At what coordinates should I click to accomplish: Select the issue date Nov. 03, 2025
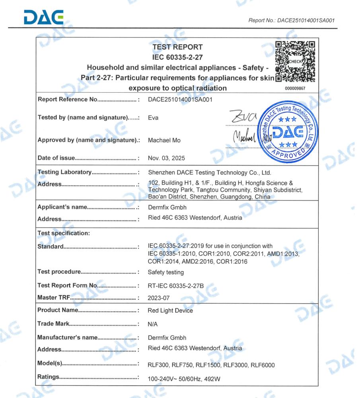pyautogui.click(x=166, y=158)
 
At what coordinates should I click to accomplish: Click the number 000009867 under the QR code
pyautogui.click(x=295, y=88)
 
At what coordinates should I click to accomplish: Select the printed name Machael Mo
pyautogui.click(x=165, y=140)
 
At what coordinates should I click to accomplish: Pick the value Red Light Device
pyautogui.click(x=170, y=310)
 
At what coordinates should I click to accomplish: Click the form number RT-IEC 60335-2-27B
pyautogui.click(x=179, y=285)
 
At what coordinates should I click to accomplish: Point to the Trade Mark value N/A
pyautogui.click(x=153, y=324)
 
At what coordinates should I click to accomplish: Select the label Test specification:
pyautogui.click(x=63, y=233)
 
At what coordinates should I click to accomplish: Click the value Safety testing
pyautogui.click(x=166, y=273)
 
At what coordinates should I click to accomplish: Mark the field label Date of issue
pyautogui.click(x=56, y=158)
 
